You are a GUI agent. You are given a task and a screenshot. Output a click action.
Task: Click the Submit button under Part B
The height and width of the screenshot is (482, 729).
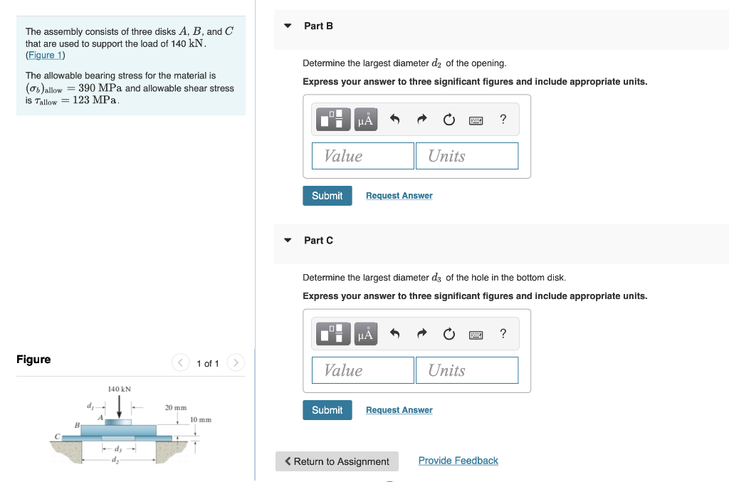[327, 196]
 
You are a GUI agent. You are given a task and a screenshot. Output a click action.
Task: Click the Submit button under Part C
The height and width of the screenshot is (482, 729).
[327, 410]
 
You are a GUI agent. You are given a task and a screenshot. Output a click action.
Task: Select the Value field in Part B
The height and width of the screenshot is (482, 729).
[363, 156]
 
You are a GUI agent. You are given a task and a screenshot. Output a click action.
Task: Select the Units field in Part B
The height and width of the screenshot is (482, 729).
[467, 156]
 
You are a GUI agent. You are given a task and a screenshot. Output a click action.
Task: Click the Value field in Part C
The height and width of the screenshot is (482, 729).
[363, 370]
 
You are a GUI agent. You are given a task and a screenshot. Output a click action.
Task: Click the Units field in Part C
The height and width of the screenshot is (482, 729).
[467, 370]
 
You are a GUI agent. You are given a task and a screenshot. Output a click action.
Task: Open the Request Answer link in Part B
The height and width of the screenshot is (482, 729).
[399, 196]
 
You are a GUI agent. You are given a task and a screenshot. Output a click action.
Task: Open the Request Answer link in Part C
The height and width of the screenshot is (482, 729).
[399, 410]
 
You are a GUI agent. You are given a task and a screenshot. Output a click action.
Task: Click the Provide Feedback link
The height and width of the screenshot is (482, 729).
[458, 461]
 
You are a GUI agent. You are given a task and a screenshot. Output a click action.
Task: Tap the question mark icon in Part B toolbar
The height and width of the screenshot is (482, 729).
[503, 120]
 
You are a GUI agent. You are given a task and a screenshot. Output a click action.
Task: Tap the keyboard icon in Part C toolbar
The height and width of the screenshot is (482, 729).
[476, 334]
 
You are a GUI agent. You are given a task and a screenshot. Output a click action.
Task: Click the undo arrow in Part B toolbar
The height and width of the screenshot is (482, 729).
[394, 120]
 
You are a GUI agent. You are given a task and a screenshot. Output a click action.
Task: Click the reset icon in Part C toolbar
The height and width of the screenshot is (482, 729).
[449, 334]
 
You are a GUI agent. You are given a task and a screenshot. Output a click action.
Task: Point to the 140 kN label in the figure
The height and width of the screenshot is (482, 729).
[119, 389]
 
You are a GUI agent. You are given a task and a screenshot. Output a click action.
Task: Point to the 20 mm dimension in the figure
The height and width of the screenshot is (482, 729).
[176, 408]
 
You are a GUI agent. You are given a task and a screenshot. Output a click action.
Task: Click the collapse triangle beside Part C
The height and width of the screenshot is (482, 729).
[288, 241]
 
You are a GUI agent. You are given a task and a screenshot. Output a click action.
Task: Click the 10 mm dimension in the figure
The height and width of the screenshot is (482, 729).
[201, 420]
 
